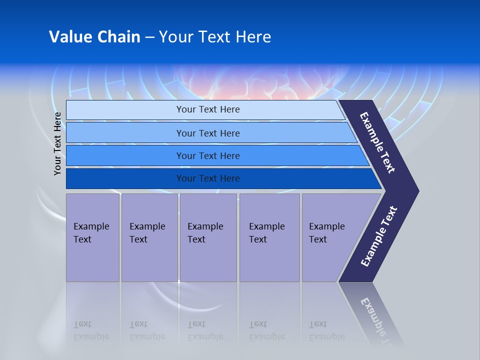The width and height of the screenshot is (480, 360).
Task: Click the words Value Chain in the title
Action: point(94,37)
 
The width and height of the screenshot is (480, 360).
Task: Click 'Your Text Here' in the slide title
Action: point(215,37)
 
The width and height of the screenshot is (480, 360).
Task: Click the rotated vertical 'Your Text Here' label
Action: point(57,143)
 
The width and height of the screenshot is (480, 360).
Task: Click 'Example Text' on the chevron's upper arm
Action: point(377,142)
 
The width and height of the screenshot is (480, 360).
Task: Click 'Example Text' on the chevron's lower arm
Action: point(379,236)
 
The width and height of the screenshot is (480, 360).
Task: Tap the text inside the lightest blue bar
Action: point(208,109)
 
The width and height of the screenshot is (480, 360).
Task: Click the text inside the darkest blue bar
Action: point(208,178)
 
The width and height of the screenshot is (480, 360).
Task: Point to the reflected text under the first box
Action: point(91,330)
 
